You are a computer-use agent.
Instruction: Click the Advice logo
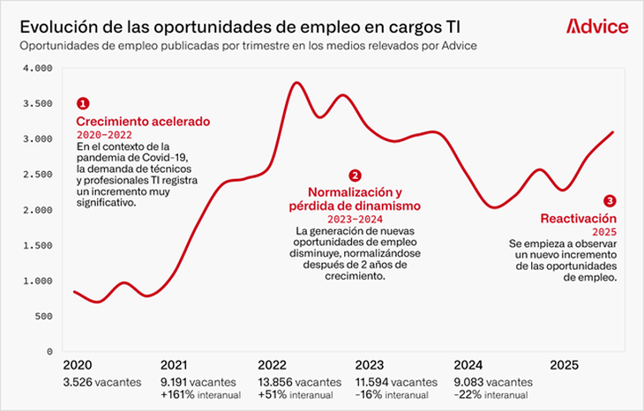click(x=597, y=26)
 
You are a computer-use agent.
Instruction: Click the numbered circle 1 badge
click(x=83, y=103)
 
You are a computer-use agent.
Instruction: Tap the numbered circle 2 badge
click(x=355, y=176)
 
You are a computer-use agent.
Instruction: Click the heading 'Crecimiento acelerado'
click(x=143, y=121)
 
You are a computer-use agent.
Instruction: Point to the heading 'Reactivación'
click(x=578, y=217)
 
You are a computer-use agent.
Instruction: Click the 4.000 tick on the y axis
click(x=38, y=68)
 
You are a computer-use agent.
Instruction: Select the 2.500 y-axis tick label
click(x=38, y=175)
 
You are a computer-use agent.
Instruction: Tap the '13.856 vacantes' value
click(x=299, y=382)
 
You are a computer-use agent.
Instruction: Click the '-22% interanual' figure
click(x=492, y=395)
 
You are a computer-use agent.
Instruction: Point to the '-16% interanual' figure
click(x=394, y=395)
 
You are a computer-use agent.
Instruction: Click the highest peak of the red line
click(x=296, y=83)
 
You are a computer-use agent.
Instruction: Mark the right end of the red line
click(x=612, y=132)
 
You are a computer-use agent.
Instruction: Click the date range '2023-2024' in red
click(x=355, y=219)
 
